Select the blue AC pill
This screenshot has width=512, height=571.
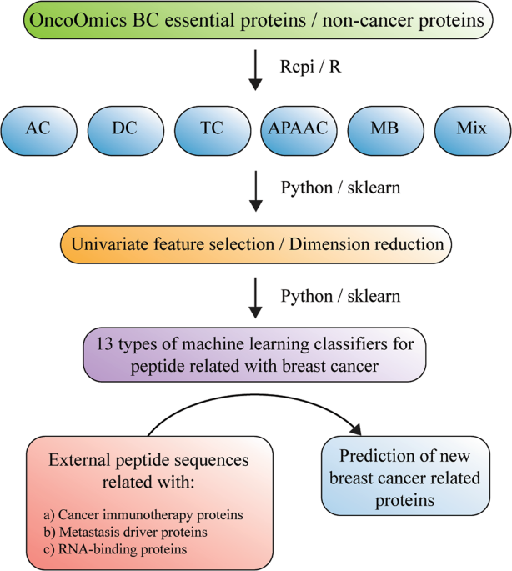(38, 129)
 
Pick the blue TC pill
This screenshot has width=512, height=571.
(212, 129)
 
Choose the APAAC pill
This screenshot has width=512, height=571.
(299, 129)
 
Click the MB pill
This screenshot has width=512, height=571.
(385, 129)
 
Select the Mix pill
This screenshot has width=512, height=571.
(472, 129)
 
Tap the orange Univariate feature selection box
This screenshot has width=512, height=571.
(256, 244)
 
